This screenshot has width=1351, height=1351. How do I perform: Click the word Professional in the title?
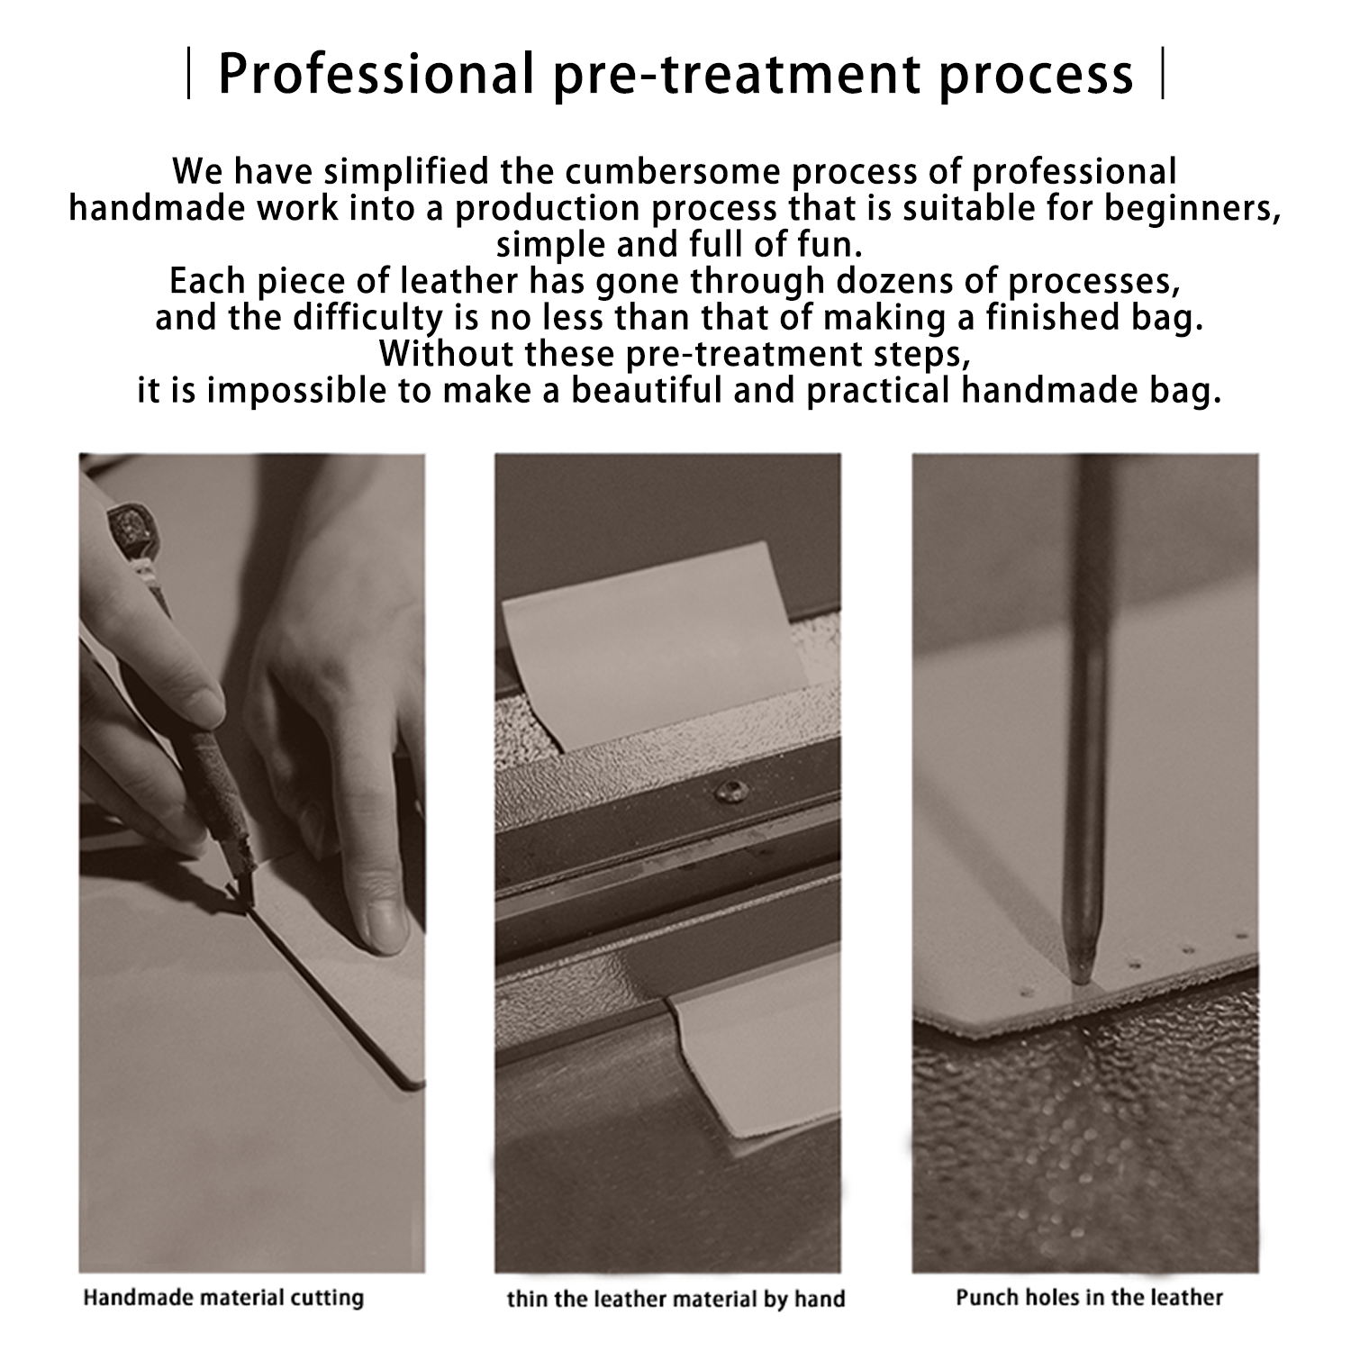[376, 74]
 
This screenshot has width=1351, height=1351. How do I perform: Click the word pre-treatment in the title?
[738, 74]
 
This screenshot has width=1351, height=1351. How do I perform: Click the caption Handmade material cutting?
[223, 1298]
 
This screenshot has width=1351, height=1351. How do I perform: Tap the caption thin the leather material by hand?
[675, 1299]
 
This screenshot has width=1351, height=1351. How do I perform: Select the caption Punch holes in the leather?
[1089, 1297]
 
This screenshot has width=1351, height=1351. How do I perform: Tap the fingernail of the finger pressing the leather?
[385, 925]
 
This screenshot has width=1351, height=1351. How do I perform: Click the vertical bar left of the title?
[188, 75]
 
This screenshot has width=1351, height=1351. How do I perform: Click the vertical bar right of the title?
[1164, 75]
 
